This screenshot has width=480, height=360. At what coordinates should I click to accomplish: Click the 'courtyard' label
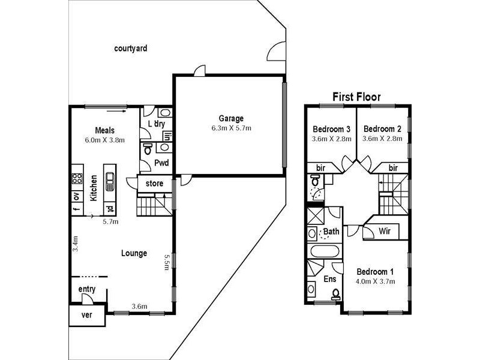(x=130, y=49)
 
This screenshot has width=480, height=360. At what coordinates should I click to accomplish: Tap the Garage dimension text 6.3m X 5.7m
(x=230, y=128)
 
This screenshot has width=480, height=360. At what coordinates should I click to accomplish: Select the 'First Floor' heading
(x=357, y=97)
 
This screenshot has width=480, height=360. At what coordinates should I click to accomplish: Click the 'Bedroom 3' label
(x=332, y=129)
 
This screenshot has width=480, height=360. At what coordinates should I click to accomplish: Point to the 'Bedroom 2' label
(x=382, y=129)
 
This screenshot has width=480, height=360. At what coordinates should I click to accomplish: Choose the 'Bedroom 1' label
(x=375, y=271)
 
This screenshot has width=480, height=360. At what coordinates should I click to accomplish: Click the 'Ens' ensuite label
(x=330, y=279)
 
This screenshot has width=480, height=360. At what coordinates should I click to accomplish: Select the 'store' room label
(x=154, y=184)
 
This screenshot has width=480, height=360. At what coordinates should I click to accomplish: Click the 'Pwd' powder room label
(x=161, y=163)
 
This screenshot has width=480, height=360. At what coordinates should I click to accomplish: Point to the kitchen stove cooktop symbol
(x=77, y=178)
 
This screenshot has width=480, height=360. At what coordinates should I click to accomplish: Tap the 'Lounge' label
(x=134, y=253)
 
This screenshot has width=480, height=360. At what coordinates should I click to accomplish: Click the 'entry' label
(x=87, y=290)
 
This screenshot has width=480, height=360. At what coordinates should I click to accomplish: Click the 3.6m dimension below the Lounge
(x=139, y=307)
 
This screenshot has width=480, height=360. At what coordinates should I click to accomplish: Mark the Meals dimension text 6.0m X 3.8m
(x=104, y=141)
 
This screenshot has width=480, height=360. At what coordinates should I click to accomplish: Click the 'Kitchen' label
(x=94, y=188)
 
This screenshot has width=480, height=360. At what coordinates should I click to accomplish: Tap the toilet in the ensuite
(x=336, y=294)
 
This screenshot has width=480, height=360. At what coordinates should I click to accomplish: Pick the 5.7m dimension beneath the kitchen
(x=111, y=221)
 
